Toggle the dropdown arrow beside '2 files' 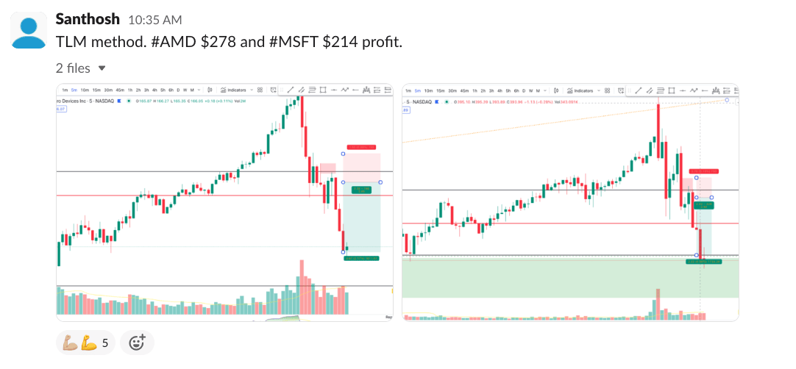pyautogui.click(x=102, y=68)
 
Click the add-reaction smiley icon pyautogui.click(x=137, y=343)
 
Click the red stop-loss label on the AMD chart pyautogui.click(x=361, y=147)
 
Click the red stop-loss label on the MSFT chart pyautogui.click(x=704, y=171)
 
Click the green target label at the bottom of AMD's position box pyautogui.click(x=361, y=258)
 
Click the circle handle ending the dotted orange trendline pyautogui.click(x=727, y=99)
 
